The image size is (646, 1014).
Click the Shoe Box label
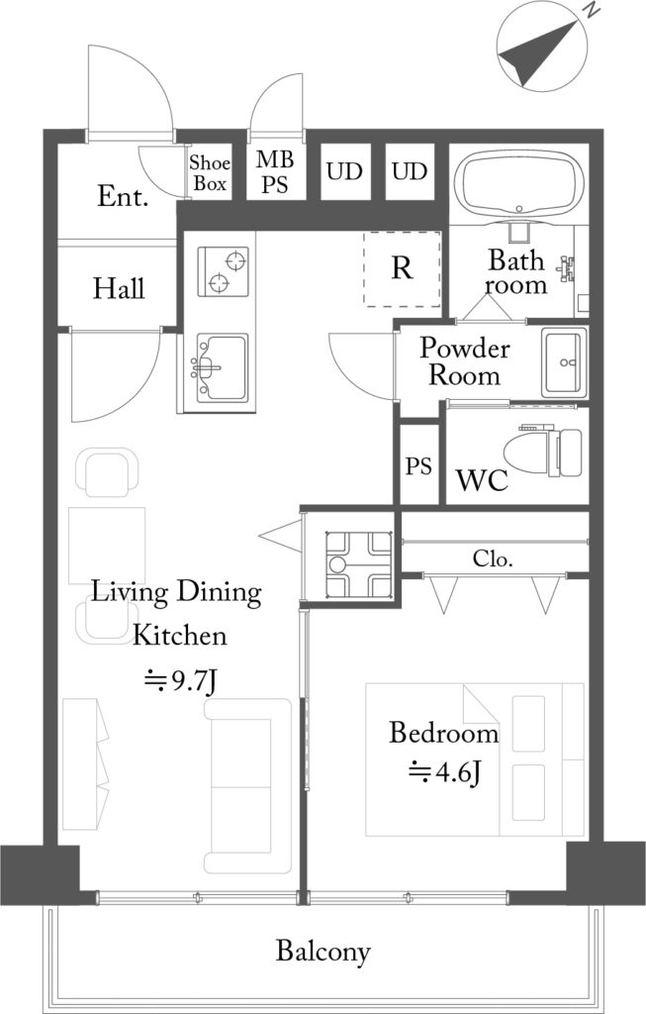210,172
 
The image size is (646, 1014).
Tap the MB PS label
275,171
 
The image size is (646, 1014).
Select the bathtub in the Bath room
519,185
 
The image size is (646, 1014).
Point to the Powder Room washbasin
565,362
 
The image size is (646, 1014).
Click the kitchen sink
222,367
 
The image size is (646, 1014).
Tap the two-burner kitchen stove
223,271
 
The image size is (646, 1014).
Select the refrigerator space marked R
402,268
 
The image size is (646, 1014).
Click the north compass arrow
539,52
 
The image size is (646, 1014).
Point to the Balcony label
323,952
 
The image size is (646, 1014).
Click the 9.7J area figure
180,681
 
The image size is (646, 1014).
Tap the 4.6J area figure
444,771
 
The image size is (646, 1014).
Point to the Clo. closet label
493,558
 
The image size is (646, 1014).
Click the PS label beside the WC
418,465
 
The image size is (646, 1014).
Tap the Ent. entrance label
123,196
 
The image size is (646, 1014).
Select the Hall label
119,288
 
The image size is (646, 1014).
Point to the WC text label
482,480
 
